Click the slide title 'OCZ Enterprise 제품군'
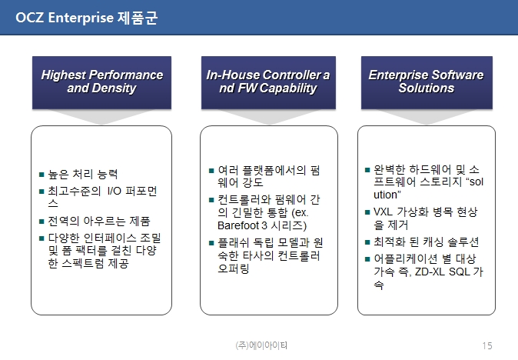[87, 18]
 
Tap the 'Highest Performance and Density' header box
[101, 82]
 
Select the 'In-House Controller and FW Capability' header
[268, 82]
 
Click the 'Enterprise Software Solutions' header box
[427, 82]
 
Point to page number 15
[487, 346]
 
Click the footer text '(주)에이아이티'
[261, 345]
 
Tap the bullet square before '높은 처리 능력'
[42, 174]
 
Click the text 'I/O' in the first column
[115, 191]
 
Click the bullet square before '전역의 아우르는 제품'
[42, 222]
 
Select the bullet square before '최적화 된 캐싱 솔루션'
[367, 242]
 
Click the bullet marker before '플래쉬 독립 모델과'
[211, 243]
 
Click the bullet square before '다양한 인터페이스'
[42, 238]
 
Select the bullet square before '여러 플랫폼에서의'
[211, 171]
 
